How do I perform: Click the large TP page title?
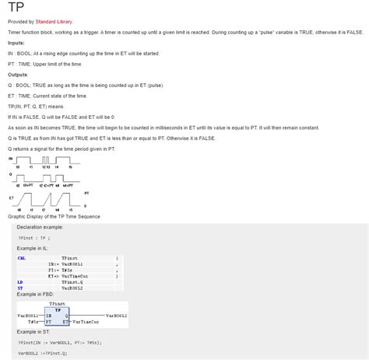15,9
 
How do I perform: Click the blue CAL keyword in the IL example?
21,257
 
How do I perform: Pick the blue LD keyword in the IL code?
19,281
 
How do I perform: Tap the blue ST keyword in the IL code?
19,288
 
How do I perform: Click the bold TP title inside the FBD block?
57,308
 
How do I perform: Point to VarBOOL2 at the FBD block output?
114,315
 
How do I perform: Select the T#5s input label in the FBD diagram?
33,320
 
